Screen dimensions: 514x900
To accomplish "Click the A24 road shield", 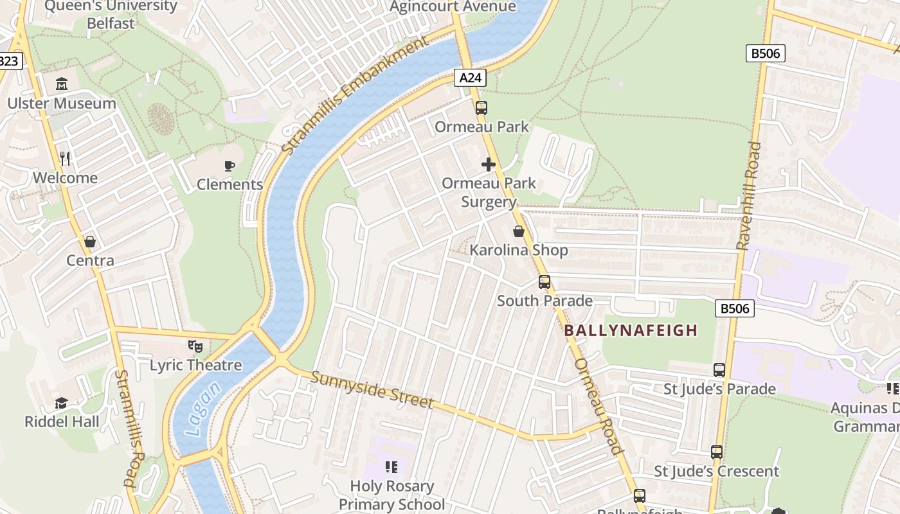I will [470, 78].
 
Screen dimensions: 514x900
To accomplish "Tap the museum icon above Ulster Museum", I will [62, 84].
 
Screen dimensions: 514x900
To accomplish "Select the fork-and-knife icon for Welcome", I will [65, 158].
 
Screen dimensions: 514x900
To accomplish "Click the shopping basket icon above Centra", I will [90, 242].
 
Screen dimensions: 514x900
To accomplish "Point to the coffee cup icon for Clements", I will [230, 166].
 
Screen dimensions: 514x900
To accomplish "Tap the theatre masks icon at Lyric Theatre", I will [195, 346].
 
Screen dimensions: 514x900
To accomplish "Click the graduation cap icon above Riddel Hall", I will [62, 403].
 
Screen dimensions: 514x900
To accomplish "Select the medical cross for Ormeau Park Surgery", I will [489, 164].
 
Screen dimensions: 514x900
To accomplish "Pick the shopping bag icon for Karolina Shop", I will [519, 231].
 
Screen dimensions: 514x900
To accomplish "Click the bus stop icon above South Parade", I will [544, 282].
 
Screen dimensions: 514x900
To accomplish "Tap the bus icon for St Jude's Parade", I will [719, 370].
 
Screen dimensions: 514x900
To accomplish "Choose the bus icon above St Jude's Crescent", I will [717, 452].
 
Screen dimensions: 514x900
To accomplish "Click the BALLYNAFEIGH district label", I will [631, 330].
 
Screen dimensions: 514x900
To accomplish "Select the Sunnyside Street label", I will [372, 389].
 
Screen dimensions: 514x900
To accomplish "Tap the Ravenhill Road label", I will [749, 196].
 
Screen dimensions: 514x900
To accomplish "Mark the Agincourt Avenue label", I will [453, 6].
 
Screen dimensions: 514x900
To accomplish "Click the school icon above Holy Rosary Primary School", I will [391, 467].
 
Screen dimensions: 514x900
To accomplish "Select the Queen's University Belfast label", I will [111, 15].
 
